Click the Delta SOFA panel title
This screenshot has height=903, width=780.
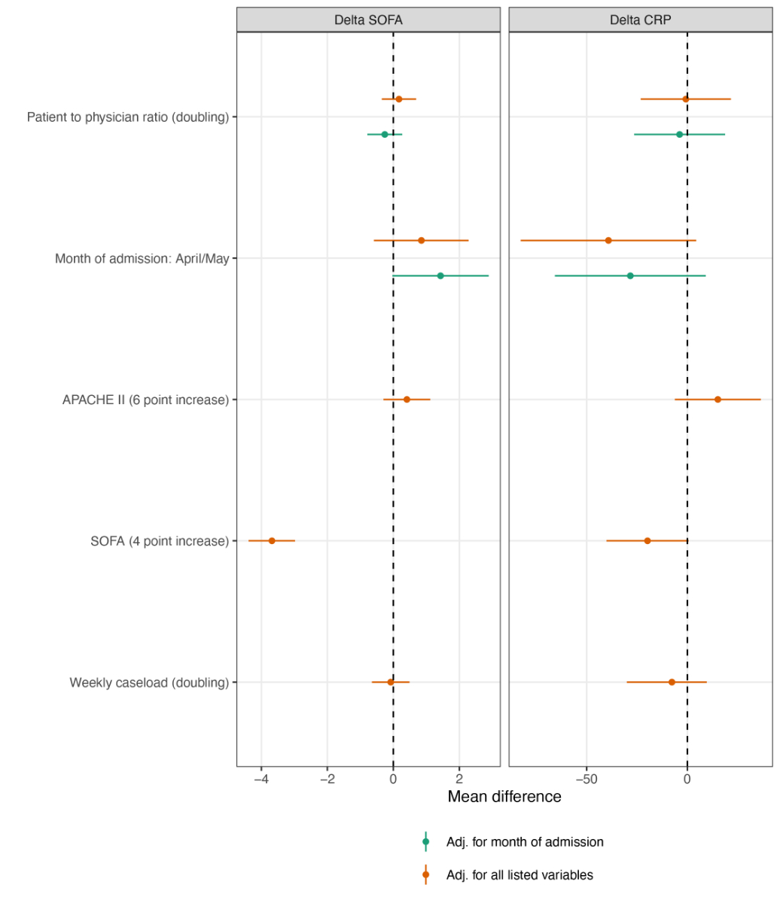[x=368, y=20]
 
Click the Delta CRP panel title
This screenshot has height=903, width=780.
[x=640, y=20]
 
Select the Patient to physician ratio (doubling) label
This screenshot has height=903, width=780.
[x=128, y=117]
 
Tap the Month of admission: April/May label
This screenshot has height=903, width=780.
[x=142, y=259]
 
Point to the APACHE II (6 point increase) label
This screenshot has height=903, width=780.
[x=145, y=400]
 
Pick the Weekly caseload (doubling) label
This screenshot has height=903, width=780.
[x=149, y=683]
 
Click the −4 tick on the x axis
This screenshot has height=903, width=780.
[x=261, y=778]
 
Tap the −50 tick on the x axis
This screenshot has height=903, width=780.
[x=586, y=778]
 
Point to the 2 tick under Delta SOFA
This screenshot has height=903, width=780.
[x=459, y=778]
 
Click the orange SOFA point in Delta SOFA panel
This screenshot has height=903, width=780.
[x=272, y=541]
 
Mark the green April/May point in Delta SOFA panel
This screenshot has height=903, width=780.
[x=440, y=276]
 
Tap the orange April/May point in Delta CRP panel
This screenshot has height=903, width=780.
[x=608, y=241]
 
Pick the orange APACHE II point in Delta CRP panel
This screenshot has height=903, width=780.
[x=718, y=400]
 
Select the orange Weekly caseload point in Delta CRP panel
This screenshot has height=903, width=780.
[x=672, y=683]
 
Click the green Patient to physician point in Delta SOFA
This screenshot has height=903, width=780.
[x=385, y=135]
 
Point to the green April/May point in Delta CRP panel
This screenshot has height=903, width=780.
[x=630, y=276]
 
